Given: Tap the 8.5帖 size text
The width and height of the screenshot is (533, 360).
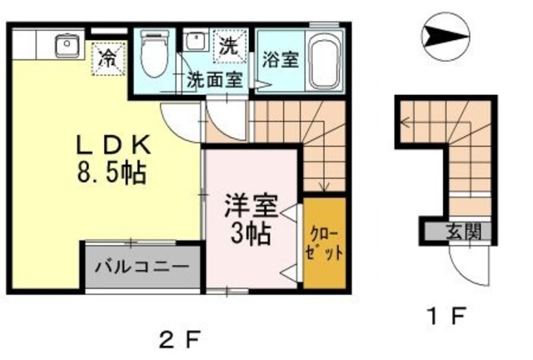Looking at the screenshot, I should [x=113, y=174].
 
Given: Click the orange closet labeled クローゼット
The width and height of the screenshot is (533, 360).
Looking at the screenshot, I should [x=324, y=242].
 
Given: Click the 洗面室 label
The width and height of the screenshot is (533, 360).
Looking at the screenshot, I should [x=214, y=82].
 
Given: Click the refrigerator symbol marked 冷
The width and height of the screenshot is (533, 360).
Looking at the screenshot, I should [x=108, y=57].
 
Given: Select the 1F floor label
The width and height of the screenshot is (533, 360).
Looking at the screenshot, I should [x=444, y=317].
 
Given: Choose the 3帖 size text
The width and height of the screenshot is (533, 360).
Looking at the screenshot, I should [x=250, y=235].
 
